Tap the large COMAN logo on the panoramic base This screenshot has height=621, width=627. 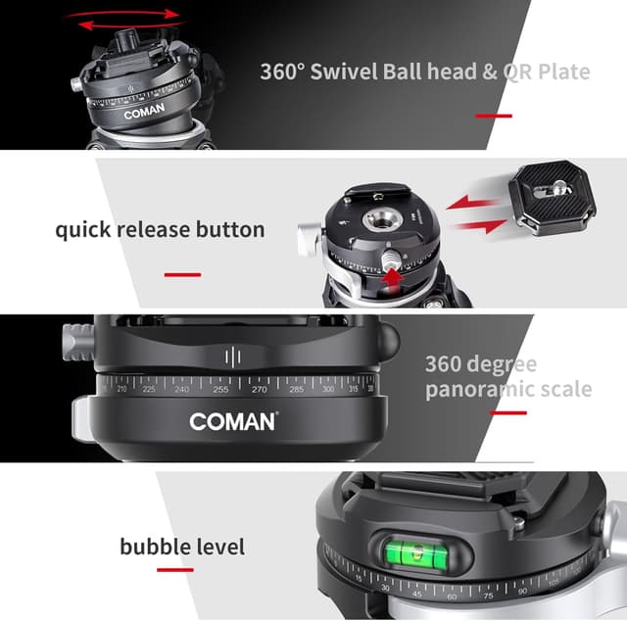[234, 422]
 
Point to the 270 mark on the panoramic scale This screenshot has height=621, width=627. [260, 389]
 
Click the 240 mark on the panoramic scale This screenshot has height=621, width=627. [181, 389]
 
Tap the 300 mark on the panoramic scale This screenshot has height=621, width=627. [327, 389]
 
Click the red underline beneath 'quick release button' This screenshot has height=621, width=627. [182, 274]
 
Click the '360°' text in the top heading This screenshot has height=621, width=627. [284, 72]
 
